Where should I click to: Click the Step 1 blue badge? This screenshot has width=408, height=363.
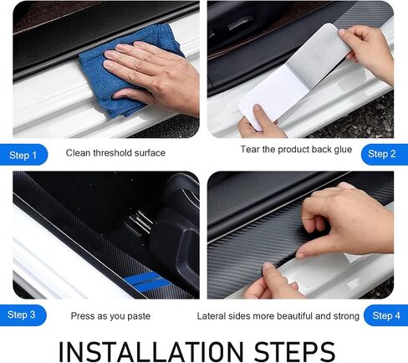click(x=23, y=155)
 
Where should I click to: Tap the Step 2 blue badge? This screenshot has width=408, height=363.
click(x=384, y=154)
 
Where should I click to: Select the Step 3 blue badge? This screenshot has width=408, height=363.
click(x=23, y=315)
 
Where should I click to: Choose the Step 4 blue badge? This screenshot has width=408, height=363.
click(x=385, y=315)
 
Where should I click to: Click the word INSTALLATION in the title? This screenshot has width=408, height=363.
click(x=151, y=351)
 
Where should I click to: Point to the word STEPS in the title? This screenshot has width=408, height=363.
click(x=294, y=351)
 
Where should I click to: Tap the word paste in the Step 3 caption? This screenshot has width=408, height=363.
click(x=139, y=316)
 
